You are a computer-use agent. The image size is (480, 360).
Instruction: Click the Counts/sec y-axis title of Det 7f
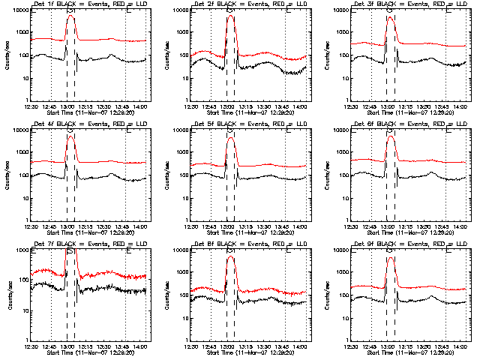(5, 294)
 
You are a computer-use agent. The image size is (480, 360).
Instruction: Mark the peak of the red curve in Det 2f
(229, 16)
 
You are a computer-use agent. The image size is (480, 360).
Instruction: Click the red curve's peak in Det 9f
(390, 257)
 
